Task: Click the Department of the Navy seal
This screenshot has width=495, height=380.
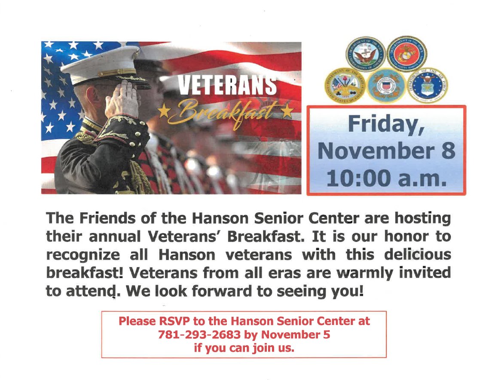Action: click(x=366, y=55)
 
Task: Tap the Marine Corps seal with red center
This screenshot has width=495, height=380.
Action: click(x=406, y=54)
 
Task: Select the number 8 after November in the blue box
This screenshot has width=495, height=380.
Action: click(x=447, y=151)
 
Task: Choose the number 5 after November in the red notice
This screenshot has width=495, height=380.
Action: click(x=327, y=334)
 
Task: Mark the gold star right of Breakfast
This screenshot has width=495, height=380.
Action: click(x=286, y=111)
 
